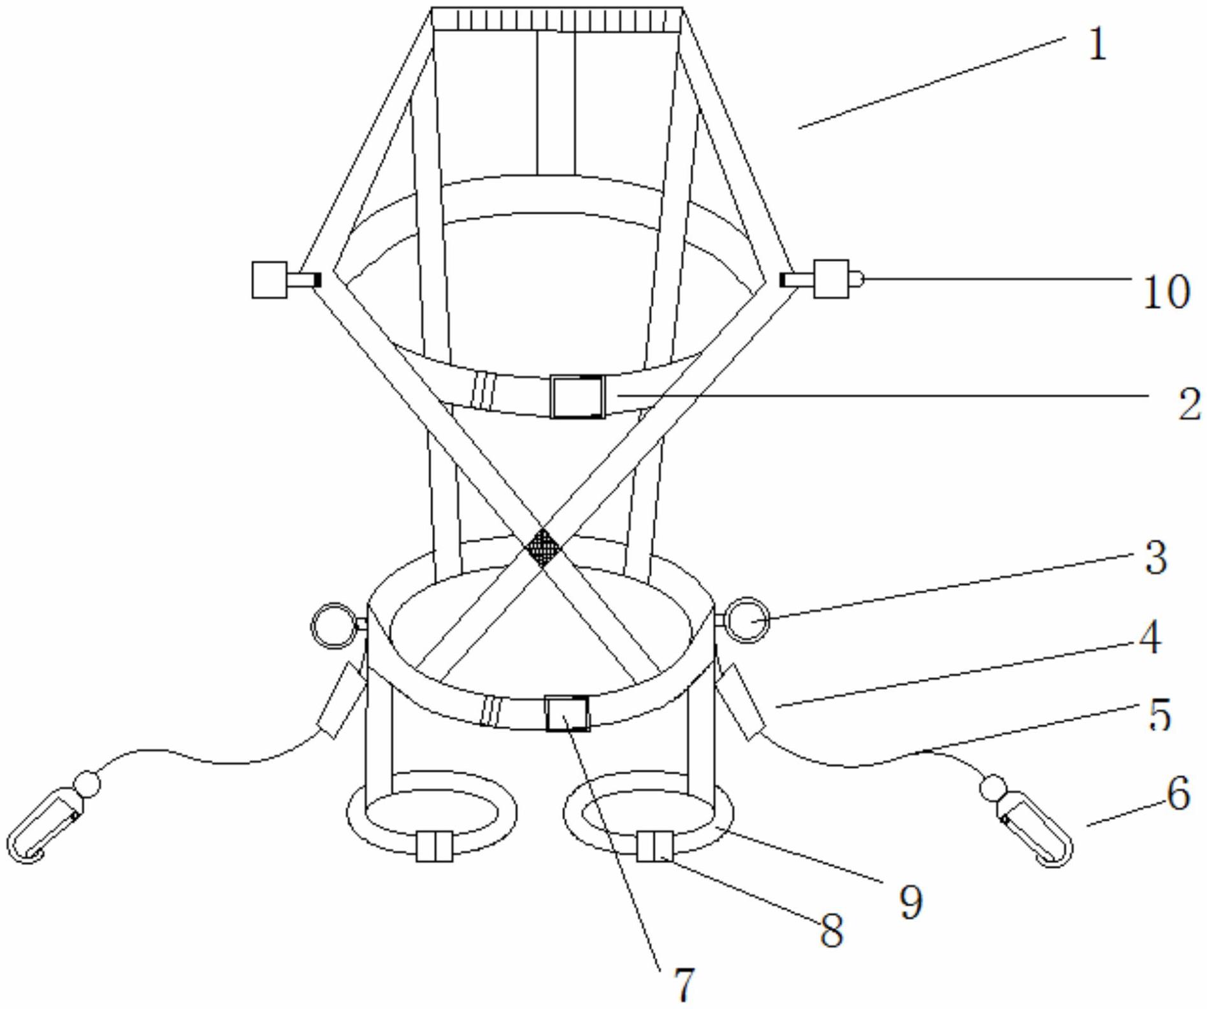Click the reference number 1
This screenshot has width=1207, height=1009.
1097,45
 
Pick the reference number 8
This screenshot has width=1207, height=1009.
831,931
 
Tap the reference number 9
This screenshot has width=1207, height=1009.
911,901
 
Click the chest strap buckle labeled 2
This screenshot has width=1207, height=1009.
577,397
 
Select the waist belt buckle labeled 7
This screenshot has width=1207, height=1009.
567,713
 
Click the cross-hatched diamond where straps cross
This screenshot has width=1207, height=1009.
543,547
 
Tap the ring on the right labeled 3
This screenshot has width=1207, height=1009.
746,620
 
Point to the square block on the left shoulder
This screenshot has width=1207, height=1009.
269,280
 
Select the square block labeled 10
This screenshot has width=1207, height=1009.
832,279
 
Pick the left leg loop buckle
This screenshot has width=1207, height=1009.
435,847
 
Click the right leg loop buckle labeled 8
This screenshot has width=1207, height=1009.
655,846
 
